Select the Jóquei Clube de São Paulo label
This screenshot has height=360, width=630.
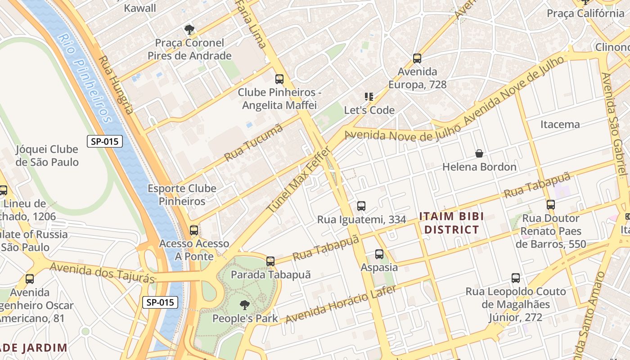47,156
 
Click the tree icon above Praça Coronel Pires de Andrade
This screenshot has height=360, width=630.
189,30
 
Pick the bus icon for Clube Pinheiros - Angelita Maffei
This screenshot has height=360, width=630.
279,79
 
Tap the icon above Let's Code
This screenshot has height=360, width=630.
369,97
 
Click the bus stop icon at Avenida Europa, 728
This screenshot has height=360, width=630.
417,58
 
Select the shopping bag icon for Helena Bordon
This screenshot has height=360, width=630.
479,153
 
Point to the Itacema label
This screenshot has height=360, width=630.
560,124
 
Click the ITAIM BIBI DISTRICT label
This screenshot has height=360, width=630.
452,223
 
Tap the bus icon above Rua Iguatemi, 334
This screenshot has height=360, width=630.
361,206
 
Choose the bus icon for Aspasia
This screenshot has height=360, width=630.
379,254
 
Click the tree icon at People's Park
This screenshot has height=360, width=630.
244,306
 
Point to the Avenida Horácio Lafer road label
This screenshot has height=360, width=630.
341,304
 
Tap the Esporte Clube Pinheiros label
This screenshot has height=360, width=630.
182,195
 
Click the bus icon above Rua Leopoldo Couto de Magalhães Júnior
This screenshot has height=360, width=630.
516,278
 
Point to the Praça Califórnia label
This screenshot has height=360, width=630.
585,13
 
